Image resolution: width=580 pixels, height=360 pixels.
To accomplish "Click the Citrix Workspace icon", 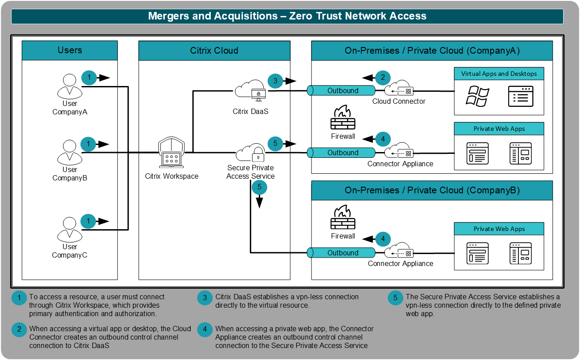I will click(x=171, y=153).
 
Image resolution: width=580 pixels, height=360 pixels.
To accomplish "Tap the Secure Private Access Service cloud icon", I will click(x=251, y=153).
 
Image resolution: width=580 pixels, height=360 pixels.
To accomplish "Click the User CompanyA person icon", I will click(x=70, y=87).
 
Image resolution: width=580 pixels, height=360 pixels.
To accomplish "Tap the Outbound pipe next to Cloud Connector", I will click(x=342, y=91).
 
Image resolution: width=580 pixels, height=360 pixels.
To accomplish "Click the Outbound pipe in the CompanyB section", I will click(x=342, y=253).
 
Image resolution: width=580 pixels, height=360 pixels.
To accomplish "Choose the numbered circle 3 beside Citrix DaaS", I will click(x=275, y=81).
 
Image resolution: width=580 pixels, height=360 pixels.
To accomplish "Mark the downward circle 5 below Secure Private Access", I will click(x=259, y=188).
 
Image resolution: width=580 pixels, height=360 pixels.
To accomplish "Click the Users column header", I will click(x=70, y=50).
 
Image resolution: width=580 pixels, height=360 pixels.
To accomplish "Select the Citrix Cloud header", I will click(x=214, y=51).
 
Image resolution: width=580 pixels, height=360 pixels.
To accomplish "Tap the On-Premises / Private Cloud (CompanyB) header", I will click(x=432, y=190).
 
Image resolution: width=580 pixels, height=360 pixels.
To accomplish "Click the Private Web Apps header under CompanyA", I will click(x=499, y=129).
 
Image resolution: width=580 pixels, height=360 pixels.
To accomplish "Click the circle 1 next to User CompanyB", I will click(x=89, y=144).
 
